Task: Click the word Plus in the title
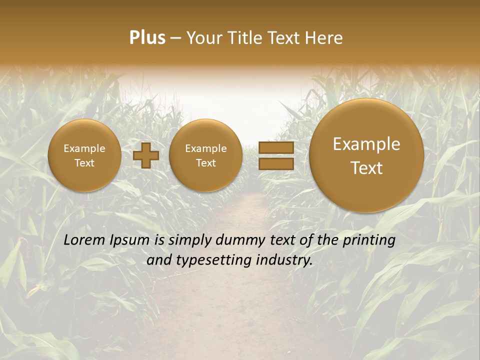[147, 38]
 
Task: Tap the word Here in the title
[324, 38]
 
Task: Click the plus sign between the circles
[146, 155]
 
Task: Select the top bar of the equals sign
[276, 147]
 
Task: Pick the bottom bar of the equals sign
[276, 163]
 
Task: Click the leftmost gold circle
[84, 155]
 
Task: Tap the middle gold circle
[205, 155]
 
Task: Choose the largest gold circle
[366, 155]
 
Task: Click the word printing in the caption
[369, 240]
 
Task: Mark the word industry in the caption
[285, 260]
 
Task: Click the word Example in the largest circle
[366, 144]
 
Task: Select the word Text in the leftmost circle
[84, 163]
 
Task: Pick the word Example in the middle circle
[205, 148]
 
